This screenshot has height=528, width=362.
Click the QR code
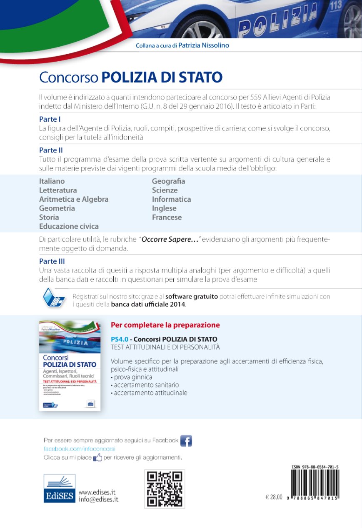click(x=165, y=489)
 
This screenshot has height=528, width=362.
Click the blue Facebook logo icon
click(x=186, y=440)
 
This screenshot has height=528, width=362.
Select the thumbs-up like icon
click(x=98, y=458)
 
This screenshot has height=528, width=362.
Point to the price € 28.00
click(x=274, y=498)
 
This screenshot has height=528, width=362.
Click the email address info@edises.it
click(x=98, y=499)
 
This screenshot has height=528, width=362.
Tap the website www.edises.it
click(x=97, y=492)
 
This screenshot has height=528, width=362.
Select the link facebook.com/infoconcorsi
click(x=80, y=449)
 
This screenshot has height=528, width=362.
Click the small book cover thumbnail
click(x=70, y=365)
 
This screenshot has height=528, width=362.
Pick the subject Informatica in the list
click(x=171, y=199)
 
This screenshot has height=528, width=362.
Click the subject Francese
click(x=167, y=217)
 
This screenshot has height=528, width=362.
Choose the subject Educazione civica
click(x=69, y=226)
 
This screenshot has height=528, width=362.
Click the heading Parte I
click(x=50, y=119)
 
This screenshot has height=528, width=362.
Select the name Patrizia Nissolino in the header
click(x=203, y=45)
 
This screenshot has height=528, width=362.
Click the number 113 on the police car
click(x=335, y=5)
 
